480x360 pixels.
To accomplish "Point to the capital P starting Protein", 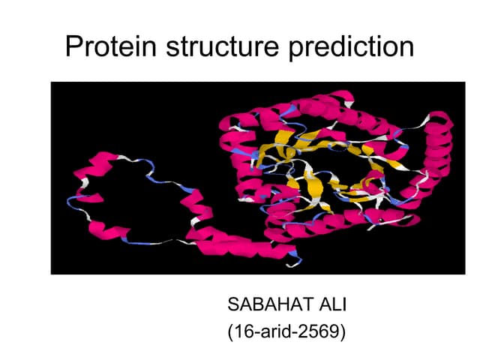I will (73, 47).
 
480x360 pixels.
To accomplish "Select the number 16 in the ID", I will (241, 331).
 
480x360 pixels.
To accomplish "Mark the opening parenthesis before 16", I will (229, 331).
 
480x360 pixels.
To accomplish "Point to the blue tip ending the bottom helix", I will (295, 259).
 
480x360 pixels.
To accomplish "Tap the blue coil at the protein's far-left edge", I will (73, 201).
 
